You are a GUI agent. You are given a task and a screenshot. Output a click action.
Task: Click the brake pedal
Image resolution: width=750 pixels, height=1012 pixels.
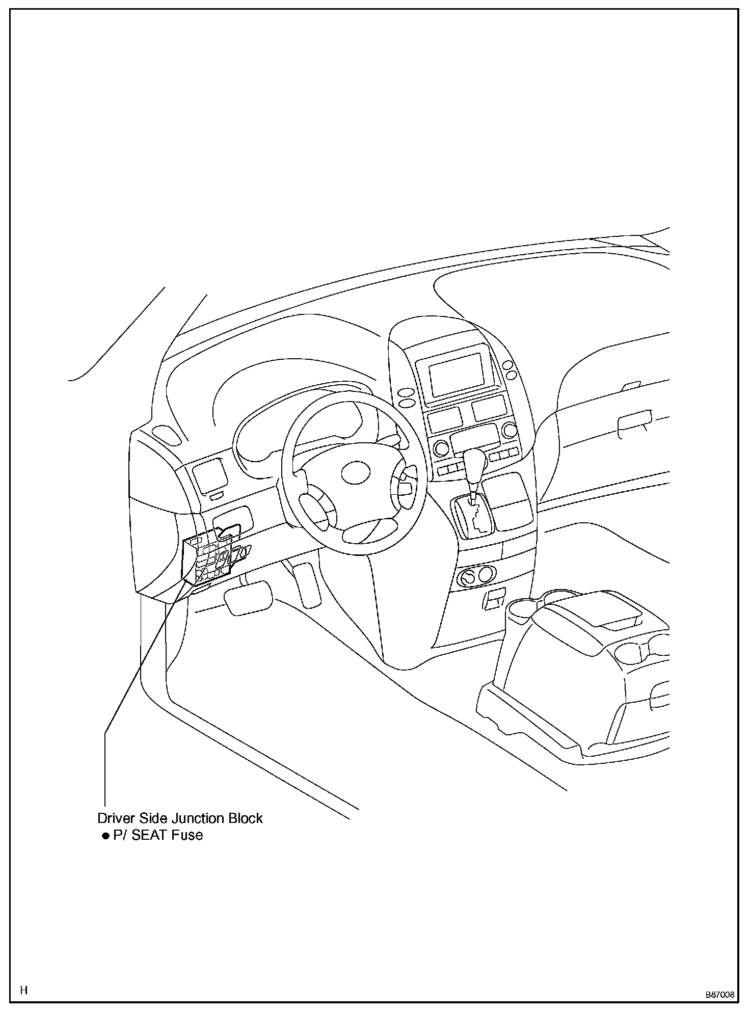(248, 598)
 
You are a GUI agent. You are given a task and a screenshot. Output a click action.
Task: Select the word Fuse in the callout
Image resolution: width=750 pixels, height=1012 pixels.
(186, 835)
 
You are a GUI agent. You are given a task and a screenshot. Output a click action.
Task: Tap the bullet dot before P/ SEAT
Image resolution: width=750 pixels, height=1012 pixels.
(106, 836)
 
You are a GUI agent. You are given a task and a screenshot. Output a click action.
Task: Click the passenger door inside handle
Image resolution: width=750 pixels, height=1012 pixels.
(634, 421)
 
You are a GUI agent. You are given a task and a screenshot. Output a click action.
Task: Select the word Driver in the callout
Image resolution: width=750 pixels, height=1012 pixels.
(116, 819)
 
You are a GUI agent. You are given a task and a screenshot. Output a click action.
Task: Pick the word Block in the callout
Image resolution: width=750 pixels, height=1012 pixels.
(245, 819)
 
